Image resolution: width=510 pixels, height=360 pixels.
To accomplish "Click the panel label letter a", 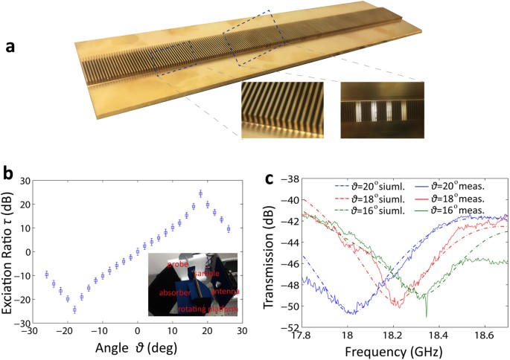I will (10, 46).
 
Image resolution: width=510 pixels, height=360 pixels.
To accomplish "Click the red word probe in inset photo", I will (176, 264).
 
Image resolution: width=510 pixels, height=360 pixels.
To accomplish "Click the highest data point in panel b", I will (200, 193).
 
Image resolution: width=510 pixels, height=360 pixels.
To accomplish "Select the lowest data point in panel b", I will (74, 309).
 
